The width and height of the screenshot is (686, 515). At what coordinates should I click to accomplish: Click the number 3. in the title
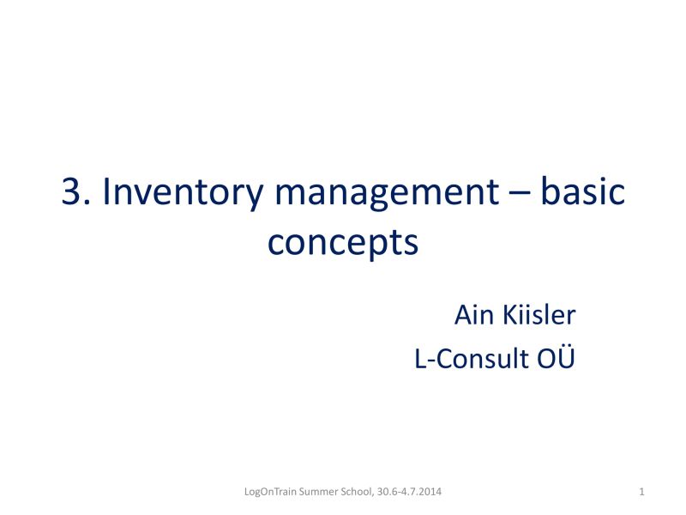pyautogui.click(x=77, y=193)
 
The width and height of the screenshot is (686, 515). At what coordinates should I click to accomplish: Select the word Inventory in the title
pyautogui.click(x=182, y=193)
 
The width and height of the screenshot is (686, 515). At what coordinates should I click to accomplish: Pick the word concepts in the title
pyautogui.click(x=342, y=244)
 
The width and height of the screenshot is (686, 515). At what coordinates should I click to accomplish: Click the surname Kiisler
pyautogui.click(x=538, y=315)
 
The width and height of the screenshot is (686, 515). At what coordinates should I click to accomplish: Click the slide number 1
pyautogui.click(x=642, y=491)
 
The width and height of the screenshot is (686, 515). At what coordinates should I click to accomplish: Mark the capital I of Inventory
pyautogui.click(x=107, y=193)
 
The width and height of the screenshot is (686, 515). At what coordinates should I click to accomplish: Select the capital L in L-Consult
pyautogui.click(x=420, y=360)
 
